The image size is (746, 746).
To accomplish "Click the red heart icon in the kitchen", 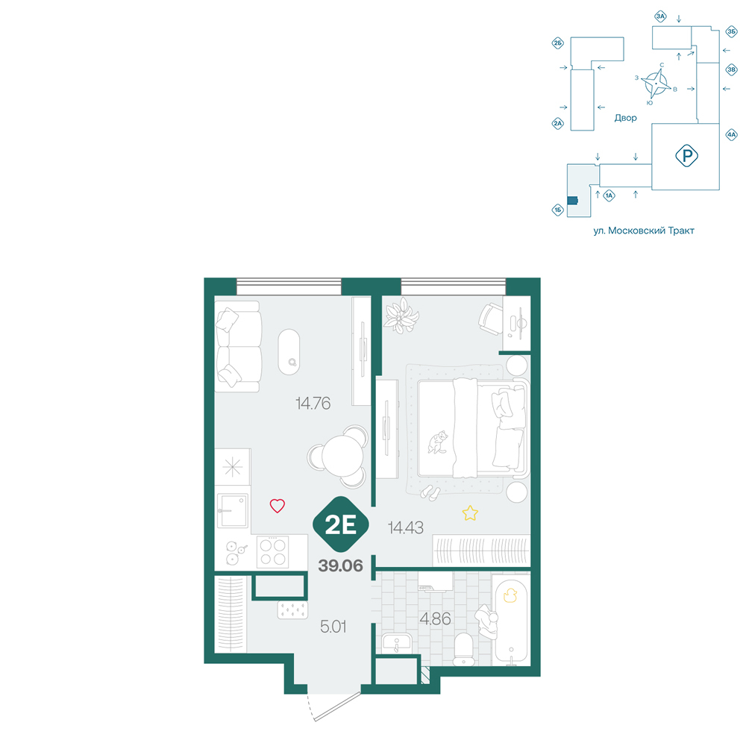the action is click(x=278, y=505).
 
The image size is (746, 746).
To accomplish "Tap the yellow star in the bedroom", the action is click(x=470, y=513).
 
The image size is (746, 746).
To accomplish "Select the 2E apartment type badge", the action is click(x=341, y=524).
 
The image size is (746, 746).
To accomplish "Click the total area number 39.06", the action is click(x=341, y=565).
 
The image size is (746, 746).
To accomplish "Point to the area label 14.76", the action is click(x=313, y=404).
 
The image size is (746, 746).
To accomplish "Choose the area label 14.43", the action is click(x=406, y=527).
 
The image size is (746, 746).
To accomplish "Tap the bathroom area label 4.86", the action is click(x=436, y=619).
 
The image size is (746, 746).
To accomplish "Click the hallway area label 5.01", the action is click(x=333, y=627).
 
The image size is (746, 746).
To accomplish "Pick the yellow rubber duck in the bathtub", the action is click(x=510, y=595).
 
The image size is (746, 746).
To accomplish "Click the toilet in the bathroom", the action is click(x=464, y=649).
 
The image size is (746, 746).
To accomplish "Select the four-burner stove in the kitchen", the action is click(x=272, y=552).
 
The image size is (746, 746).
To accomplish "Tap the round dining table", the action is click(x=342, y=457).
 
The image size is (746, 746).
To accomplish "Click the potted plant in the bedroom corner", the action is click(x=402, y=315).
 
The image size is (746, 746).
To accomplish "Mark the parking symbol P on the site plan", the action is click(x=687, y=156).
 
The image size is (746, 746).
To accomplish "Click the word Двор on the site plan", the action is click(x=625, y=118).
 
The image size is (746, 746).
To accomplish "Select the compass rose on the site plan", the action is click(x=655, y=84).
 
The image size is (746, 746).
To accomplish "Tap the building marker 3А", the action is click(x=660, y=16).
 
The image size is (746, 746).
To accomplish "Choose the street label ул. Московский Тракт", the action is click(x=644, y=231).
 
